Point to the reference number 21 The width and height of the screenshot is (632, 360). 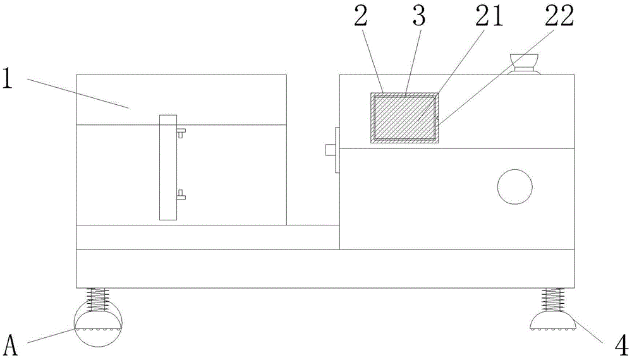point(492,17)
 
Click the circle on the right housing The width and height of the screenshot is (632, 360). point(514,186)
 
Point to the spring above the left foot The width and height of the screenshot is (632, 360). point(97,300)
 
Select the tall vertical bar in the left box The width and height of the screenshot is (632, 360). point(167,167)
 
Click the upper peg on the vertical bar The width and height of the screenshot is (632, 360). point(181,133)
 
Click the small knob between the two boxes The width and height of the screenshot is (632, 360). point(331,150)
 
